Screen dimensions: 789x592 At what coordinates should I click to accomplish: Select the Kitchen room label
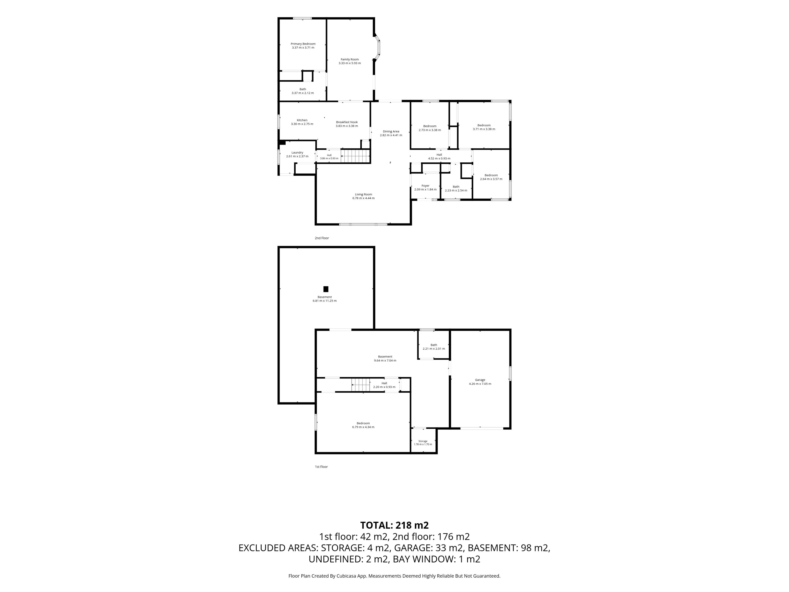point(302,120)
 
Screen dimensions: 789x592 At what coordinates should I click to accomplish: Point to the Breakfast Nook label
point(347,122)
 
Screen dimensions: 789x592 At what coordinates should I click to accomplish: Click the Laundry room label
point(297,152)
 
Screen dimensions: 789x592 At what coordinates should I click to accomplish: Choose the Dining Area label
point(391,131)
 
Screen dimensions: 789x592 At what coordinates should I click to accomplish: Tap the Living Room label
point(363,194)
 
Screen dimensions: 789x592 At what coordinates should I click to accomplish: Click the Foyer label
point(425,186)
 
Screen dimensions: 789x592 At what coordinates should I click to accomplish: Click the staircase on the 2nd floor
point(355,156)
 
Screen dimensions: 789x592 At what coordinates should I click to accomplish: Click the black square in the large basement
point(326,289)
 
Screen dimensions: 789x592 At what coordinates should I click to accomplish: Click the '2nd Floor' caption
point(322,238)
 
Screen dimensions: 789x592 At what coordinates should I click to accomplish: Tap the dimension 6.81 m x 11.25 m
point(325,301)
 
